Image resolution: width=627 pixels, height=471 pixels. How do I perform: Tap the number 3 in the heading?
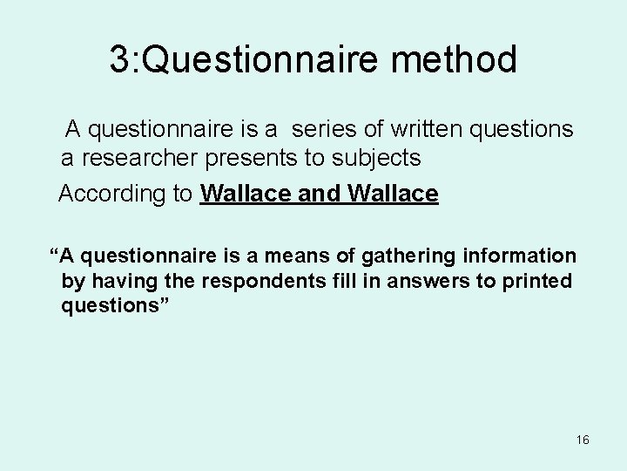click(x=119, y=60)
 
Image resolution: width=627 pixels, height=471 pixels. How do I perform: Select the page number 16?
click(x=583, y=440)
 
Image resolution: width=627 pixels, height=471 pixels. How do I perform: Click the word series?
click(x=327, y=130)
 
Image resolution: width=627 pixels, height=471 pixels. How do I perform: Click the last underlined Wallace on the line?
click(x=393, y=194)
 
